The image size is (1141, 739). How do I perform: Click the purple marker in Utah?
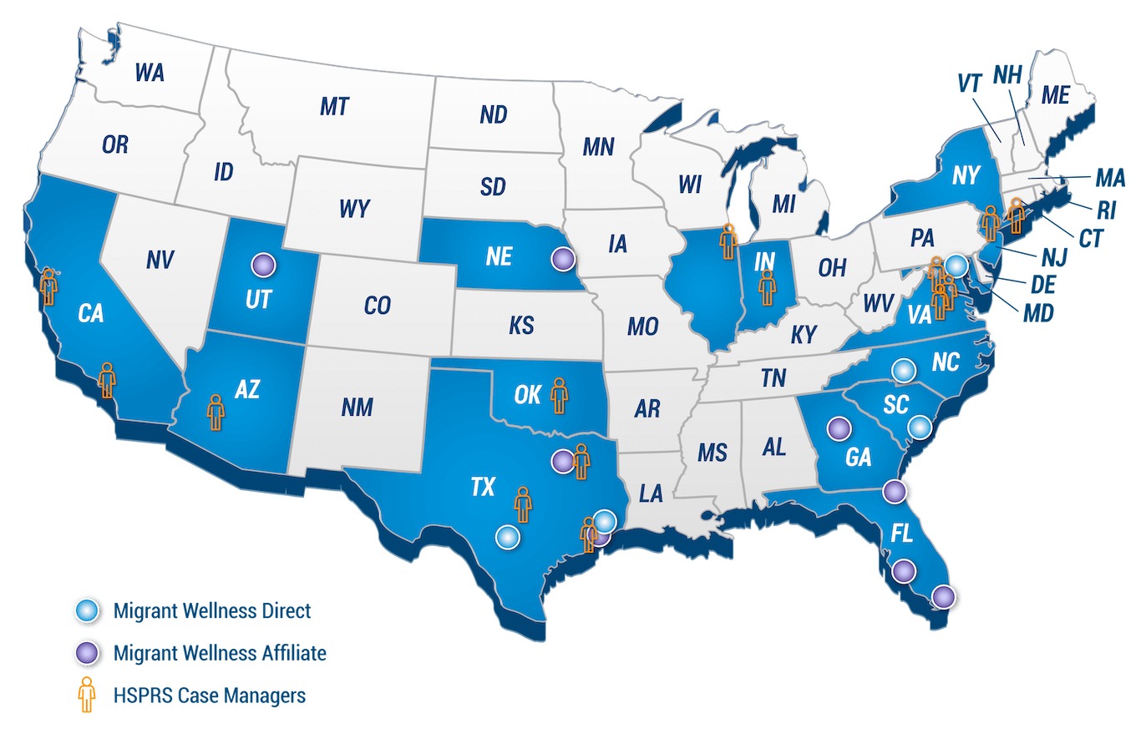pyautogui.click(x=263, y=265)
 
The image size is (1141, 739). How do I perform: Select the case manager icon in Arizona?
pyautogui.click(x=216, y=412)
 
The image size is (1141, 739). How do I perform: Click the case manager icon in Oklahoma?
pyautogui.click(x=559, y=395)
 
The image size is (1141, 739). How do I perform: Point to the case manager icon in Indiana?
pyautogui.click(x=766, y=285)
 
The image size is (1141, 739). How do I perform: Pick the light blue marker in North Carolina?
pyautogui.click(x=903, y=369)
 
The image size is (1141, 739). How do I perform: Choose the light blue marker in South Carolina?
pyautogui.click(x=919, y=427)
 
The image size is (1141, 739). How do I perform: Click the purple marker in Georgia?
pyautogui.click(x=838, y=428)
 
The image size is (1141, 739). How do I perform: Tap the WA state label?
pyautogui.click(x=150, y=73)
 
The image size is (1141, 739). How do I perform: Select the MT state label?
pyautogui.click(x=334, y=106)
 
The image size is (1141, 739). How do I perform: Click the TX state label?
pyautogui.click(x=482, y=488)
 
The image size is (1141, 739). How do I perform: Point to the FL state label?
pyautogui.click(x=902, y=534)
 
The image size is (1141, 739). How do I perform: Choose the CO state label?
pyautogui.click(x=377, y=306)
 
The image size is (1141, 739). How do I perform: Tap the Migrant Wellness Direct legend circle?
pyautogui.click(x=86, y=610)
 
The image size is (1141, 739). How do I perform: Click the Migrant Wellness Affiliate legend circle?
pyautogui.click(x=86, y=653)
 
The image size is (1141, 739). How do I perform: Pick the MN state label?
pyautogui.click(x=598, y=148)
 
